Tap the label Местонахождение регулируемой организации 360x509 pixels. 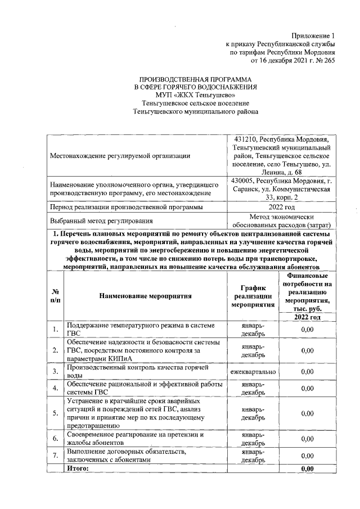[120, 155]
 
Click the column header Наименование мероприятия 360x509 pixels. [146, 295]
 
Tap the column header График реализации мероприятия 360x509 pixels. [253, 295]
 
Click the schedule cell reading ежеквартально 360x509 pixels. [253, 372]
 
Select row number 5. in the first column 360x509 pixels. [56, 413]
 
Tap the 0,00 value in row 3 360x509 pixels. [307, 372]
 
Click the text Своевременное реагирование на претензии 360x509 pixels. [134, 435]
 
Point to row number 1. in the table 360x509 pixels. [56, 329]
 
